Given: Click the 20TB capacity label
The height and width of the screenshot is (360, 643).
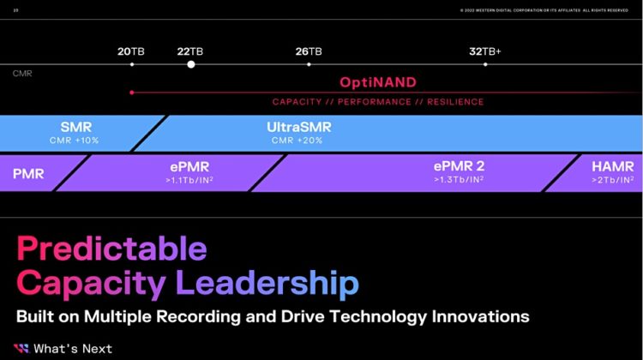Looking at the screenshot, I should [131, 51].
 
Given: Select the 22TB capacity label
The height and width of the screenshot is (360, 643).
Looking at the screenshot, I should [190, 51].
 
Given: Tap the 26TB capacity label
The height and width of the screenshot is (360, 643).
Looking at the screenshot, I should [309, 51].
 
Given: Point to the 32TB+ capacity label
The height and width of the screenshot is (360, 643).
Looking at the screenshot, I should [485, 51].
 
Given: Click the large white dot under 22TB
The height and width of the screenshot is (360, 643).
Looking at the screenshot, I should [191, 64].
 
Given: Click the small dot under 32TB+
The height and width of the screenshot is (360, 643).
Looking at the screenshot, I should [485, 64].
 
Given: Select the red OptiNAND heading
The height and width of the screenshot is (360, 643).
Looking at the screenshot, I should [377, 83].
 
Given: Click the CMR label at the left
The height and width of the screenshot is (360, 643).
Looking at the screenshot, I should [22, 75].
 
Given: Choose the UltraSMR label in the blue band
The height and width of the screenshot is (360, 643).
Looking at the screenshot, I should [299, 128].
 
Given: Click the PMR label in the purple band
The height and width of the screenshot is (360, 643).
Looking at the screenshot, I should [28, 173].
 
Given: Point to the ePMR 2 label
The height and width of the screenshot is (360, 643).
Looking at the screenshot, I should [459, 166].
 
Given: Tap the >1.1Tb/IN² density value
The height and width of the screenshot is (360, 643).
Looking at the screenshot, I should [189, 180].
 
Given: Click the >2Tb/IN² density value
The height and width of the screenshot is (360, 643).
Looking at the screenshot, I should [613, 180].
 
